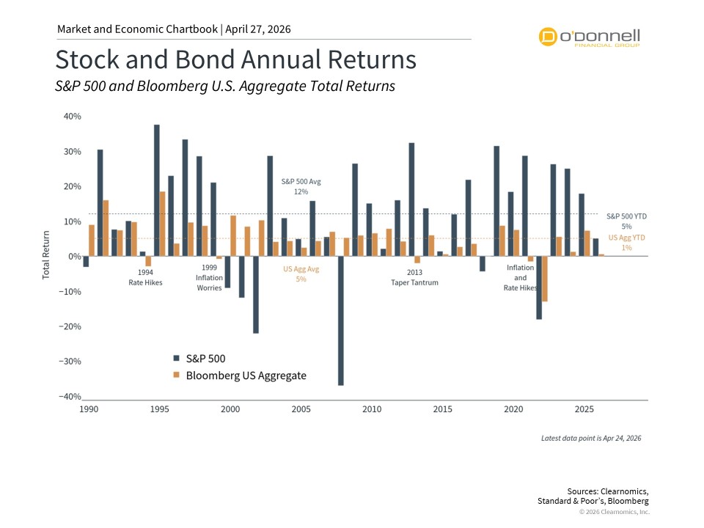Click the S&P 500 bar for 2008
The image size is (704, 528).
click(x=341, y=320)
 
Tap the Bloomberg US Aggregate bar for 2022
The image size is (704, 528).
click(x=545, y=279)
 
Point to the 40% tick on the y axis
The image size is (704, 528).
click(x=71, y=117)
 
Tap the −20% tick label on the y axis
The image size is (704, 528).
click(x=70, y=326)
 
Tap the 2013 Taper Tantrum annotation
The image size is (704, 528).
click(x=414, y=277)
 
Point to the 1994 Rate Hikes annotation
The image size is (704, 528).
click(x=144, y=277)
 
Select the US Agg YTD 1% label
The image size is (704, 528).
click(x=627, y=243)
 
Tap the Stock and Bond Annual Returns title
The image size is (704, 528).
click(x=236, y=60)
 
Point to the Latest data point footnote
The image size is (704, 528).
click(x=591, y=438)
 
